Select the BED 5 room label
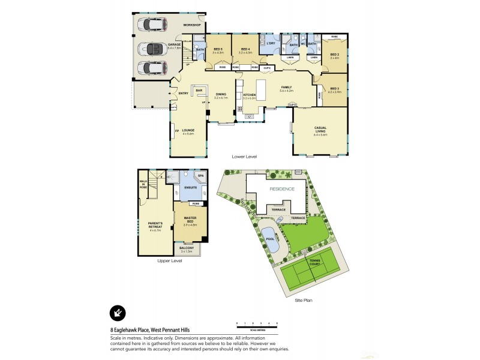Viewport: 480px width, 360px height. coord(217,49)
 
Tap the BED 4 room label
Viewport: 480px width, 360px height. coord(245,49)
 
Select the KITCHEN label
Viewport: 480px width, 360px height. coord(250,94)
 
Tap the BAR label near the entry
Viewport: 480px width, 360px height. coord(199,91)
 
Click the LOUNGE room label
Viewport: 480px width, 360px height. coord(188,130)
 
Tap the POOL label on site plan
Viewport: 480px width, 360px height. coord(270,239)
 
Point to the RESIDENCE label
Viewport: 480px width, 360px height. coord(281,188)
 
